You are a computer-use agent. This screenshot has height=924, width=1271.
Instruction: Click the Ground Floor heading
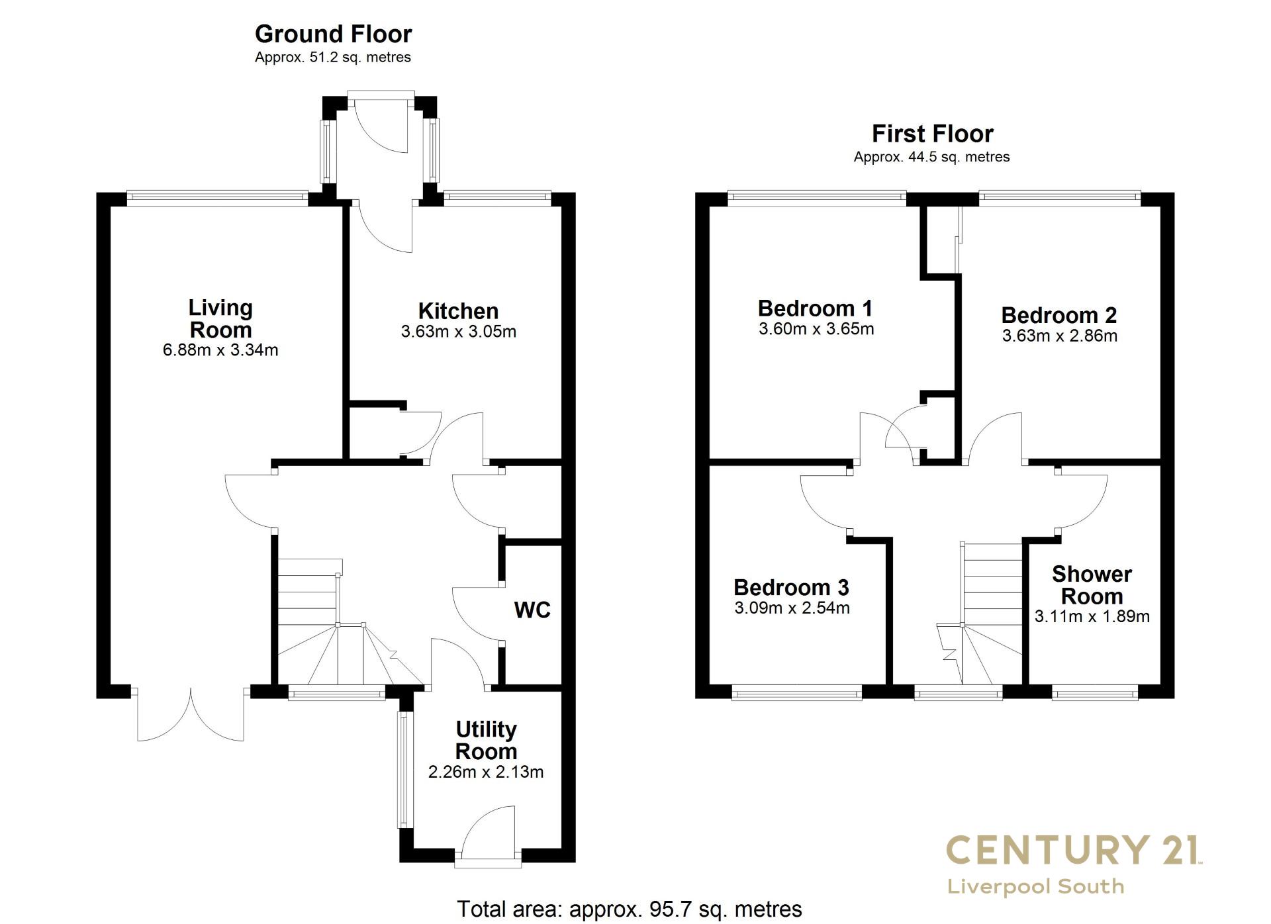pyautogui.click(x=333, y=34)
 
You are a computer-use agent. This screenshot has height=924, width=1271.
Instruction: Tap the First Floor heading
pyautogui.click(x=932, y=134)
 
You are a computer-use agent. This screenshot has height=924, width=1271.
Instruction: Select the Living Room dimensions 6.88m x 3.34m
pyautogui.click(x=220, y=350)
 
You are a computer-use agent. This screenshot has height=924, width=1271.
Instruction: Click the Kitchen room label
pyautogui.click(x=458, y=311)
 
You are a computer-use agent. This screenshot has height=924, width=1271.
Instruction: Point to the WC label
pyautogui.click(x=532, y=610)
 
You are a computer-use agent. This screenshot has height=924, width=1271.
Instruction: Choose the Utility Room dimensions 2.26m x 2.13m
pyautogui.click(x=486, y=772)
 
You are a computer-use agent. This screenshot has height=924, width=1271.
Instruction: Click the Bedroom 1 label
pyautogui.click(x=815, y=308)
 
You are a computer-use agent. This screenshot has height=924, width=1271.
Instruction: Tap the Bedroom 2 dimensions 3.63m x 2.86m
pyautogui.click(x=1060, y=336)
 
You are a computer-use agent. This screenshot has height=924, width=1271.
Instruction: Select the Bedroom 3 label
pyautogui.click(x=791, y=588)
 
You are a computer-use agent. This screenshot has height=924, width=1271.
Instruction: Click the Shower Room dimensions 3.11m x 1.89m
pyautogui.click(x=1092, y=617)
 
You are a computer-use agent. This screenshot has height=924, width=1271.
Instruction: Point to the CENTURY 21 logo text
pyautogui.click(x=1074, y=849)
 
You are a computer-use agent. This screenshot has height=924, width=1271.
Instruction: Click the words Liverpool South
pyautogui.click(x=1036, y=886)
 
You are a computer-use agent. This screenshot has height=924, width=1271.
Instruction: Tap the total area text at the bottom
pyautogui.click(x=630, y=909)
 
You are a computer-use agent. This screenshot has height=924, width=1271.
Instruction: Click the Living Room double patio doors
pyautogui.click(x=191, y=715)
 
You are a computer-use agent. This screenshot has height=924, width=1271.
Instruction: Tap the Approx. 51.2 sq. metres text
pyautogui.click(x=333, y=58)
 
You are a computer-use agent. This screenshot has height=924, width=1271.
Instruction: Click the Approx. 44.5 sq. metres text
pyautogui.click(x=932, y=158)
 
